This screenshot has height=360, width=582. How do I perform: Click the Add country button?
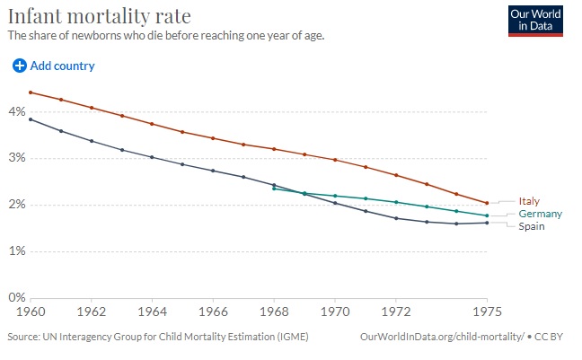click(54, 66)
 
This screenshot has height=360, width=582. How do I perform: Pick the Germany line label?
click(540, 214)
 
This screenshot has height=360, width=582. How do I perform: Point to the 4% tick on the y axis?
click(15, 112)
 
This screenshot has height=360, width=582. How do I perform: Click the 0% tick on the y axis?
click(15, 297)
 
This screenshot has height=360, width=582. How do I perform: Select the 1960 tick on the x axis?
click(31, 312)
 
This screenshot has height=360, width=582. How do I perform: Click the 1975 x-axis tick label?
click(486, 312)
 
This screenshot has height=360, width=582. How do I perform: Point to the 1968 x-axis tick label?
click(273, 312)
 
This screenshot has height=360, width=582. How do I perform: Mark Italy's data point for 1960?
click(31, 92)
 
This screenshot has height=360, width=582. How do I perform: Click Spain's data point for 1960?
click(31, 119)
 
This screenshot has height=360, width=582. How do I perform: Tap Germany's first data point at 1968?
click(273, 189)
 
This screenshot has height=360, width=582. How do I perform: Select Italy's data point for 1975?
click(487, 203)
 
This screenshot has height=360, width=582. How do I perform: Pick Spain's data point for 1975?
click(487, 223)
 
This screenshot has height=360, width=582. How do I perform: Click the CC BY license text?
click(556, 338)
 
